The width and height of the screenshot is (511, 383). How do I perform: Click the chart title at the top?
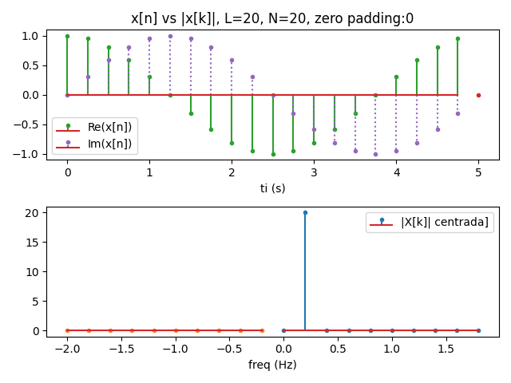(272, 18)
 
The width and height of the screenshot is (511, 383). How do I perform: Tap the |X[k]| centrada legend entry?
(431, 222)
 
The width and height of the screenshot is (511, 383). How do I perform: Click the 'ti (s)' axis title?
(272, 188)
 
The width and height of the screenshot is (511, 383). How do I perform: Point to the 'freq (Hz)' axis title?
(272, 365)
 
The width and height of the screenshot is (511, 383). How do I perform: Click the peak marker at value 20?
(305, 212)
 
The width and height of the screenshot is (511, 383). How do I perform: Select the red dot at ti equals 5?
(478, 95)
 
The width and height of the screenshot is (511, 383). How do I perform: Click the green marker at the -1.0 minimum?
(273, 154)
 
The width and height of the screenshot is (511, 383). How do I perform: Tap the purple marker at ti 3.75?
(375, 154)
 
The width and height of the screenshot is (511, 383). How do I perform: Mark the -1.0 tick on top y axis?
(30, 154)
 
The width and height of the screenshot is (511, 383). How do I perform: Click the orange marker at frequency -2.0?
(67, 330)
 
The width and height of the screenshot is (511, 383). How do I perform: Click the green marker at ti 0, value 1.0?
(67, 36)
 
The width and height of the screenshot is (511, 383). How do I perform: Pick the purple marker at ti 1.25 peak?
(170, 36)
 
